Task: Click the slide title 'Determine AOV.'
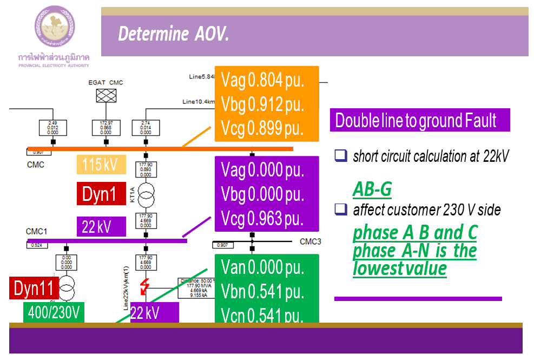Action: [174, 35]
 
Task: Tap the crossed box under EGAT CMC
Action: [106, 96]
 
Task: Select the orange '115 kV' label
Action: [101, 165]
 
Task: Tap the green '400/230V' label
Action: [54, 313]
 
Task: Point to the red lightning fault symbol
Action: [144, 286]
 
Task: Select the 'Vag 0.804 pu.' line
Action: [262, 81]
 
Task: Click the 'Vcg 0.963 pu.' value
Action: [262, 218]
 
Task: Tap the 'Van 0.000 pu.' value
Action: [262, 267]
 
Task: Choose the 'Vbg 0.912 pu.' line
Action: [262, 104]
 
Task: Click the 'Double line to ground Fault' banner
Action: [419, 120]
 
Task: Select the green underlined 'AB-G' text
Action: [372, 189]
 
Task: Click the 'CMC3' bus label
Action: [310, 241]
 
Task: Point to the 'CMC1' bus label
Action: [36, 232]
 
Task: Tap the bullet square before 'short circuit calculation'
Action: [340, 156]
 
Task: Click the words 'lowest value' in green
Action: [400, 269]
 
